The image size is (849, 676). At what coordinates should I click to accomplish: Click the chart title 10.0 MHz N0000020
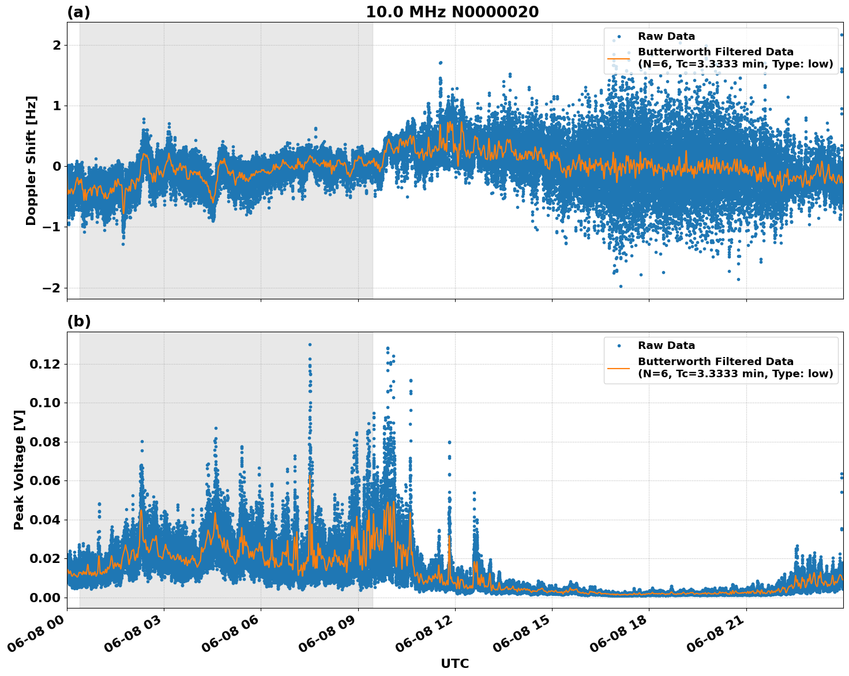click(x=452, y=12)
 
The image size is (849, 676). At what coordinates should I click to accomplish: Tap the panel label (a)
click(x=78, y=12)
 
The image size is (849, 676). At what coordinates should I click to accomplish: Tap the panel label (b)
click(x=78, y=321)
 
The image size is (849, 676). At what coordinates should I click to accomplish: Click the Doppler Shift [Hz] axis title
click(x=31, y=160)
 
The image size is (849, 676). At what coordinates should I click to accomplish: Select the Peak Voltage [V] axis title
click(x=19, y=470)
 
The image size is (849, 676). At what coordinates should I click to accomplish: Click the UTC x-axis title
click(x=454, y=663)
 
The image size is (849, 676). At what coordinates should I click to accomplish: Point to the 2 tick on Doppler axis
click(x=57, y=45)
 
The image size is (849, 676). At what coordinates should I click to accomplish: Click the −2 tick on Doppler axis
click(x=52, y=288)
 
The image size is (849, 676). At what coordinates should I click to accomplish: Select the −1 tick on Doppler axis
click(x=52, y=227)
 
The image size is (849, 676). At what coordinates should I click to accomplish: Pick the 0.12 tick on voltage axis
click(x=45, y=364)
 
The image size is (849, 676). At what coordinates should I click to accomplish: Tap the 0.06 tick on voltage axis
click(x=45, y=480)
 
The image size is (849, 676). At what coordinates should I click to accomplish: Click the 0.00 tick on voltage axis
click(x=45, y=597)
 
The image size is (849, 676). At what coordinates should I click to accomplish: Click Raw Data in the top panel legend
click(x=666, y=36)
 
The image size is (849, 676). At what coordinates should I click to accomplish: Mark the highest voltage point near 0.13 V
click(x=310, y=344)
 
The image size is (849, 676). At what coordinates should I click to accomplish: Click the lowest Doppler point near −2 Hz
click(x=621, y=286)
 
